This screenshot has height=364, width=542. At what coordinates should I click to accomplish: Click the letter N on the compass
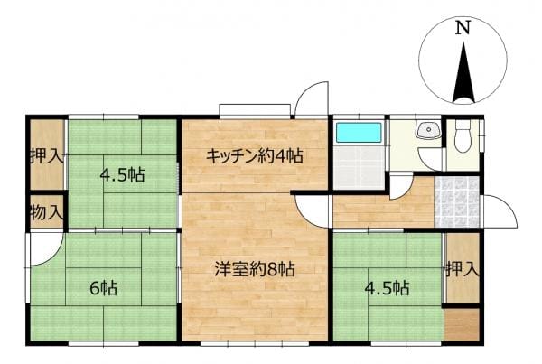pyautogui.click(x=463, y=28)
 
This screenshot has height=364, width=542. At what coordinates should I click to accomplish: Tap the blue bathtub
pyautogui.click(x=359, y=133)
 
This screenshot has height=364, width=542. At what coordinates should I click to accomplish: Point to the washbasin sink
pyautogui.click(x=429, y=130)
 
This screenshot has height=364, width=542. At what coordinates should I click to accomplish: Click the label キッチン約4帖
pyautogui.click(x=255, y=156)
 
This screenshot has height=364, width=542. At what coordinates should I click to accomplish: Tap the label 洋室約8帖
pyautogui.click(x=255, y=269)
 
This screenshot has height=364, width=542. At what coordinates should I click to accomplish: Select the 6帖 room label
pyautogui.click(x=104, y=287)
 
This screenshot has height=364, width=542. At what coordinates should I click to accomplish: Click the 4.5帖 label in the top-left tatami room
pyautogui.click(x=122, y=175)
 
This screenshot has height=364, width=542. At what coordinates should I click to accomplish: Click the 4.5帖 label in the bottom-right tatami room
pyautogui.click(x=388, y=287)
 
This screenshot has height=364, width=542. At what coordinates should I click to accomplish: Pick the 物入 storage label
pyautogui.click(x=47, y=212)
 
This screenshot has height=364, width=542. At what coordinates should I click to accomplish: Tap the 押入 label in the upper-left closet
pyautogui.click(x=47, y=156)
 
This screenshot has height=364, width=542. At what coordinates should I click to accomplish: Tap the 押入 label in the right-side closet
pyautogui.click(x=463, y=269)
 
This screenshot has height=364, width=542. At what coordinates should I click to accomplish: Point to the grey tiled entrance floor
pyautogui.click(x=456, y=202)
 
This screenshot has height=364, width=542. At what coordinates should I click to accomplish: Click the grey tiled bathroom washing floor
pyautogui.click(x=359, y=167)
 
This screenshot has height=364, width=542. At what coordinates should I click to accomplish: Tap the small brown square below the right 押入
pyautogui.click(x=462, y=324)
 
